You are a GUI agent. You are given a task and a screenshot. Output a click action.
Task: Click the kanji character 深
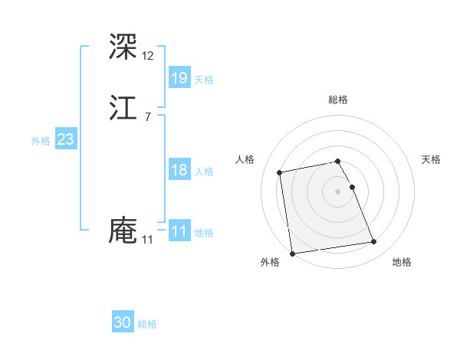(123, 47)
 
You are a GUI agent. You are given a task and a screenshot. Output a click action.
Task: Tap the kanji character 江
(123, 110)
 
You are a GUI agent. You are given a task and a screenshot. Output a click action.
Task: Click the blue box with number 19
(179, 77)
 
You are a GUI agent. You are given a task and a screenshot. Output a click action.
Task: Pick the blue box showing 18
(179, 170)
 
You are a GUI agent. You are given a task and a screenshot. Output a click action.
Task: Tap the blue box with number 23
(66, 139)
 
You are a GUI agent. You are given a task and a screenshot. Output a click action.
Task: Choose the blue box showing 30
(123, 322)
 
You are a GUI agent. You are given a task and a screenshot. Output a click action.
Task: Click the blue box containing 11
(179, 231)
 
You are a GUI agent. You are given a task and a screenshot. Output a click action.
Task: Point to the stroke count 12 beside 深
(148, 55)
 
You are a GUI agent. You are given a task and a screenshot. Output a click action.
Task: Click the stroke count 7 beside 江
(147, 117)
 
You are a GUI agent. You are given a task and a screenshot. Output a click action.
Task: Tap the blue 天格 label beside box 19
(204, 80)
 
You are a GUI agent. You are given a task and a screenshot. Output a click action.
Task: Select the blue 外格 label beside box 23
(41, 141)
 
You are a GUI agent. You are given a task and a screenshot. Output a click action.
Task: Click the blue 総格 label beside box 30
(147, 325)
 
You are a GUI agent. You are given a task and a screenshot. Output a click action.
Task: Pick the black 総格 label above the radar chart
(338, 100)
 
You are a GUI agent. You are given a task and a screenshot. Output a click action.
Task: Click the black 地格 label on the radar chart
(402, 263)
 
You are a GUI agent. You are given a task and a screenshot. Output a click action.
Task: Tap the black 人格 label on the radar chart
(245, 159)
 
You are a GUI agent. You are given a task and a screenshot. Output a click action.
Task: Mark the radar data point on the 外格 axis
(292, 253)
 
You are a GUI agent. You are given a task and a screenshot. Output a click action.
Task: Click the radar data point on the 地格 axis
(374, 242)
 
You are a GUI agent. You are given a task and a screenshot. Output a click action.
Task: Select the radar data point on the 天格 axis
(352, 187)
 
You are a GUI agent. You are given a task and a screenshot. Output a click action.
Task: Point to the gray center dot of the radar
(338, 191)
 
